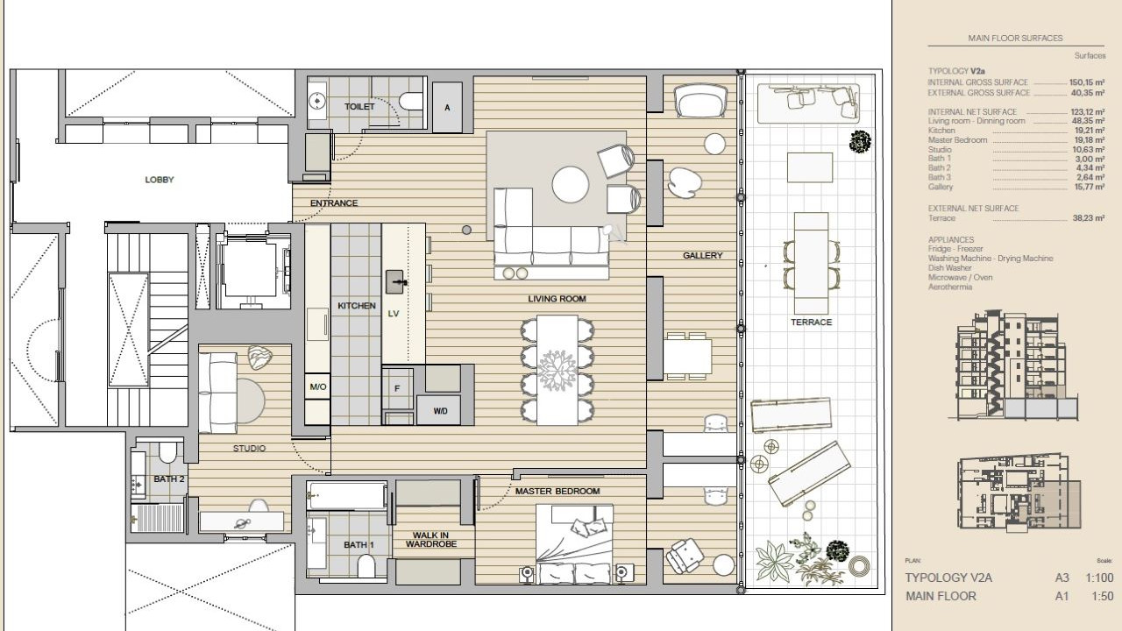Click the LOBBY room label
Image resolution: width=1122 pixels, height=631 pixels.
coord(160,180)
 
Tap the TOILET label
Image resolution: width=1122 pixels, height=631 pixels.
coord(359,107)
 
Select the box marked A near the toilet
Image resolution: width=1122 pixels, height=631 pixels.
coord(447,107)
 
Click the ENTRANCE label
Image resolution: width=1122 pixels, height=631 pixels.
coord(334,203)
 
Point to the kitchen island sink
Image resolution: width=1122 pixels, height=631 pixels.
coord(394,282)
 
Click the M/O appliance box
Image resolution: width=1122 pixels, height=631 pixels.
coord(317,386)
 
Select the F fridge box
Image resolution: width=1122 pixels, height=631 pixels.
coord(397,388)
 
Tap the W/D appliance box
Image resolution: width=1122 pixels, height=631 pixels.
coord(440,411)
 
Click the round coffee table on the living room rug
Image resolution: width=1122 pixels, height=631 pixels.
coord(570,185)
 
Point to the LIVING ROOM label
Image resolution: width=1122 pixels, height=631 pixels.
coord(557,299)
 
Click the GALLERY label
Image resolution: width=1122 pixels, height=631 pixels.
coord(703,255)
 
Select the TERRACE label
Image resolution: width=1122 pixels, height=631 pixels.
coord(811,323)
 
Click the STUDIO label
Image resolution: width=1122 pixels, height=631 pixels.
coord(250,449)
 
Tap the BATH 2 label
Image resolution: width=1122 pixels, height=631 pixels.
coord(169,479)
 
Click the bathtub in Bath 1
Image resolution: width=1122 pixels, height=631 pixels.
coord(346,496)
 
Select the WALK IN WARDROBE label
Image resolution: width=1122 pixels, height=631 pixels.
coord(430,540)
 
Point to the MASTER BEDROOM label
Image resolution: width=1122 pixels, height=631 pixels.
coord(557,492)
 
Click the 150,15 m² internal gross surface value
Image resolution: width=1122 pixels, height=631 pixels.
coord(1087,82)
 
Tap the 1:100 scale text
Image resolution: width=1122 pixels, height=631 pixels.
coord(1099,578)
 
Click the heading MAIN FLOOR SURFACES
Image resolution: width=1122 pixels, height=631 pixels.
coord(1015,38)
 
